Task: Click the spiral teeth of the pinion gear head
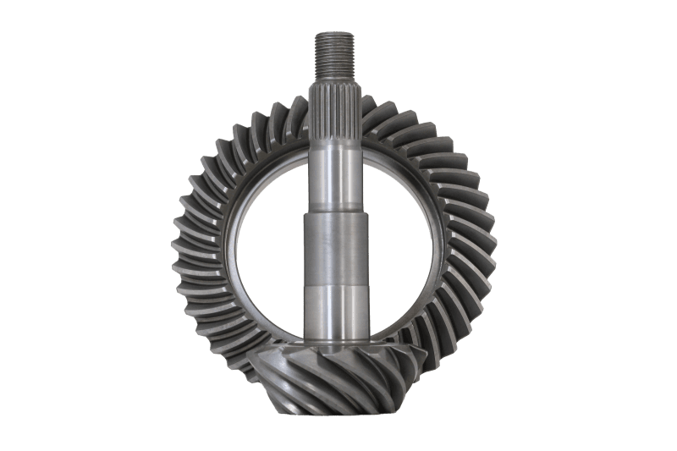coord(338,372)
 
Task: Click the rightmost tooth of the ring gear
coord(496,245)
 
